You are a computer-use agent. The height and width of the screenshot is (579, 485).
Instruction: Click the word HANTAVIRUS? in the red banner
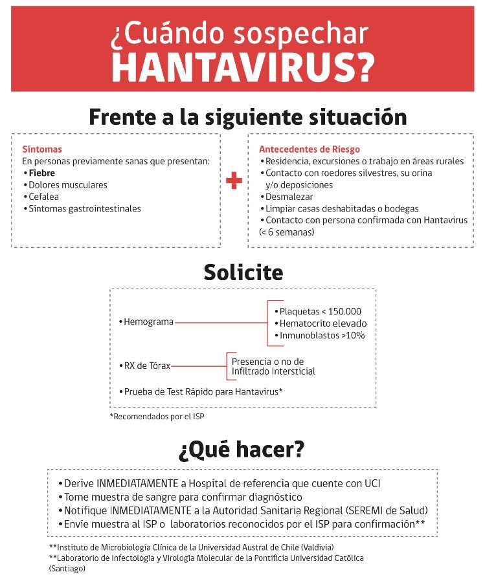click(x=242, y=65)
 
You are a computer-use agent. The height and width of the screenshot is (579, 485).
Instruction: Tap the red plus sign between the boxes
click(x=234, y=181)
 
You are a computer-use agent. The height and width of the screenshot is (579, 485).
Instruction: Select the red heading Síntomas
click(x=42, y=149)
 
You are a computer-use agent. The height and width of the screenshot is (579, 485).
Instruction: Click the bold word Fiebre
click(x=41, y=173)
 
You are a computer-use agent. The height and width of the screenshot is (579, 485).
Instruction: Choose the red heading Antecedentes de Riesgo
click(x=310, y=149)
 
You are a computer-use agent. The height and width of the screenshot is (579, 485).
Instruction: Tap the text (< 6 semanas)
click(x=287, y=232)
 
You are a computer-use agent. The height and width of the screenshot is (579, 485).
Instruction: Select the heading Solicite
click(x=243, y=272)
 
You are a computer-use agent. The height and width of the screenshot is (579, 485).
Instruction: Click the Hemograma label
click(x=148, y=322)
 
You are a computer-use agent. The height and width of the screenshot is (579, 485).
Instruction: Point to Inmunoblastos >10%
click(x=322, y=335)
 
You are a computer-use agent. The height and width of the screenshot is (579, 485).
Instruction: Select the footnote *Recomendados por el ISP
click(x=157, y=417)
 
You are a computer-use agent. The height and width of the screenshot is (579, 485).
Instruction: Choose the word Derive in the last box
click(x=79, y=483)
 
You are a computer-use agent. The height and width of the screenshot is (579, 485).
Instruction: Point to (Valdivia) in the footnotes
click(x=311, y=547)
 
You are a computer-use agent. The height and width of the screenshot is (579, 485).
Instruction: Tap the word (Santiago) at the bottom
click(x=67, y=569)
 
